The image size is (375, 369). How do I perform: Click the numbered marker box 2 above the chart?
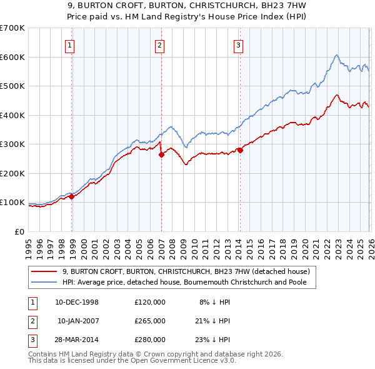coord(159,45)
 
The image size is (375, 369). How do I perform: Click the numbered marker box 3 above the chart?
coord(239,45)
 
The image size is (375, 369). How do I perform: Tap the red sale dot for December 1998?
coord(72,196)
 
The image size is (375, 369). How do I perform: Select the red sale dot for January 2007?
coord(161,154)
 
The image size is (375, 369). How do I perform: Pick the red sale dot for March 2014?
coord(240,150)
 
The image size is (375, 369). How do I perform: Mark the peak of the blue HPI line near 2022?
coord(336,55)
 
